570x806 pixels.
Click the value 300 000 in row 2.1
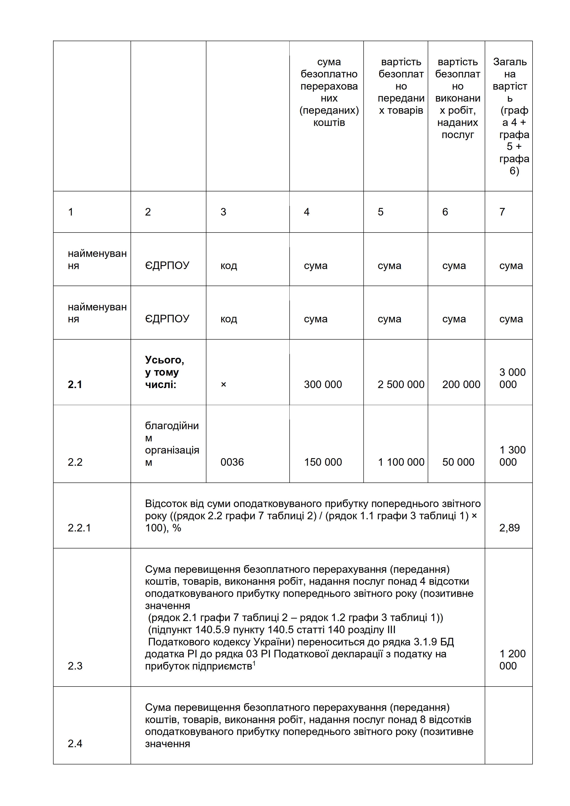(x=323, y=384)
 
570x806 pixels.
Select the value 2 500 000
(x=401, y=384)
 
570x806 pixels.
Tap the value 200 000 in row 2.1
(x=461, y=384)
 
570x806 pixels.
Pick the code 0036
(x=232, y=462)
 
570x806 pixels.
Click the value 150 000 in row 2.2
(x=323, y=462)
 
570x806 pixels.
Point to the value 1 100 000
(x=401, y=462)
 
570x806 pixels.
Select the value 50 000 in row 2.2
(x=458, y=462)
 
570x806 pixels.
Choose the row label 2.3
(x=75, y=666)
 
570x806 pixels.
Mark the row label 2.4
(x=75, y=743)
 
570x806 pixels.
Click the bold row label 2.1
(x=75, y=384)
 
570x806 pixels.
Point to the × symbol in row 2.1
(x=223, y=384)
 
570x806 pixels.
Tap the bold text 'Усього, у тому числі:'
(x=164, y=372)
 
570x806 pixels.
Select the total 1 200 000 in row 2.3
(x=512, y=660)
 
